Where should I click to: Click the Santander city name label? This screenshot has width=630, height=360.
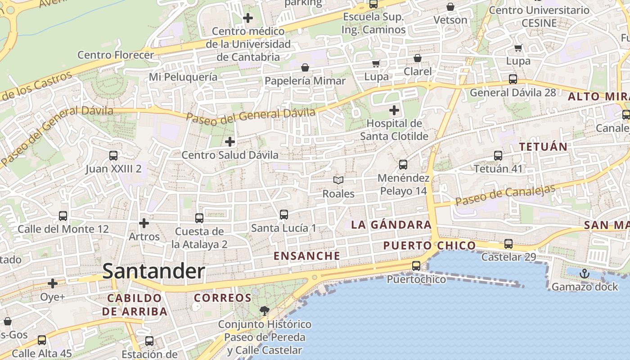coord(154,271)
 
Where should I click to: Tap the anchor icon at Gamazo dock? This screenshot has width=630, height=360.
coord(584,274)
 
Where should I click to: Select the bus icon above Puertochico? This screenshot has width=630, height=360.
coord(416,266)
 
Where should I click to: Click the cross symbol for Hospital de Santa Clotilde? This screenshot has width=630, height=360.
coord(394,110)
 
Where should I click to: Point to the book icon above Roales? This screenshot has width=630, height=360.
coord(338,180)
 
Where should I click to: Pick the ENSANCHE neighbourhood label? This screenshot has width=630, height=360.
coord(307,256)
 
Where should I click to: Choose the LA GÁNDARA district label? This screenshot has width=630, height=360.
coord(391,225)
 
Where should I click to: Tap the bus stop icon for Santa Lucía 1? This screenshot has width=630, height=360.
coord(284,215)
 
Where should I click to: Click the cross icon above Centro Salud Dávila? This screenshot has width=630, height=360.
coord(230,142)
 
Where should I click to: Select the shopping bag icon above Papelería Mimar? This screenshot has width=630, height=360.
coord(305,67)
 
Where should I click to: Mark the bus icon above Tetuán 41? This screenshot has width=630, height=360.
coord(498,156)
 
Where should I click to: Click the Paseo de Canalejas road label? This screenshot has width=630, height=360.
coord(505,195)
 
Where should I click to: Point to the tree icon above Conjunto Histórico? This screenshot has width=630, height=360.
coord(265,310)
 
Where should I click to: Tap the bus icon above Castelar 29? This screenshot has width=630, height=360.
coord(508,244)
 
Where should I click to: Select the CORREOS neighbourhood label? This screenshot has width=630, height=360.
coord(222,298)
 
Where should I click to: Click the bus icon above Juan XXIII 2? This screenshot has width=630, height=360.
coord(113,156)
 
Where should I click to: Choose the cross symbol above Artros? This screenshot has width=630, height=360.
coord(144,223)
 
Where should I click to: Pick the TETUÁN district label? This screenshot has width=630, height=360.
coord(543,147)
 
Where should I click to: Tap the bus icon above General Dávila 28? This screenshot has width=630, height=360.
coord(513,79)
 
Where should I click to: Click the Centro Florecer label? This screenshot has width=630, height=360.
coord(116,55)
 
